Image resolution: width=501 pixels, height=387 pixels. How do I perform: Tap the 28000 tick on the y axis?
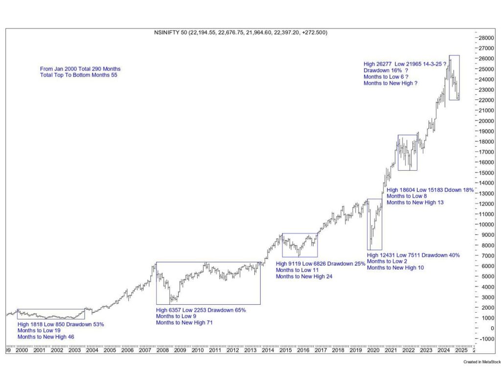coord(486,38)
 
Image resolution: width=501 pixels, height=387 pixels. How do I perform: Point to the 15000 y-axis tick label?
coord(486,173)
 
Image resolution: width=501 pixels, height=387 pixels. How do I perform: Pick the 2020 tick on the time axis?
coord(373,350)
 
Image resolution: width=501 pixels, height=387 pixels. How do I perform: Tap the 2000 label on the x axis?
coord(22,350)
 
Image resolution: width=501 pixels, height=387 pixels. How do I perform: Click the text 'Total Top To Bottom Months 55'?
coord(79,75)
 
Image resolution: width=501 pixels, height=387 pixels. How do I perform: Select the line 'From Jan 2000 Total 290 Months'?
coord(80,69)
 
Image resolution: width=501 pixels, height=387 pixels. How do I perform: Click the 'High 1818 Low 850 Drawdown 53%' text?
coord(61,324)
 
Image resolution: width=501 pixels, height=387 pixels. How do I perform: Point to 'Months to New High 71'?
coord(184,323)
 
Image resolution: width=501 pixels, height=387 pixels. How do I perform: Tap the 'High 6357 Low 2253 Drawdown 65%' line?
coord(201,310)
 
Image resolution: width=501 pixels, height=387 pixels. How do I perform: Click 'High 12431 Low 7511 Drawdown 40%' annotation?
coord(413,255)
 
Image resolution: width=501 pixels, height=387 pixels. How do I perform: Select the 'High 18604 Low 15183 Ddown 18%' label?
coord(430,190)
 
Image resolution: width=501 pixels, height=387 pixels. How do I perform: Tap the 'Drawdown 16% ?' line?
coord(386,70)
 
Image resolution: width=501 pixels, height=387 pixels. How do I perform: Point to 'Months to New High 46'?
coord(46,337)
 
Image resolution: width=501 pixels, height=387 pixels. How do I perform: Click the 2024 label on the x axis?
coord(444,350)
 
